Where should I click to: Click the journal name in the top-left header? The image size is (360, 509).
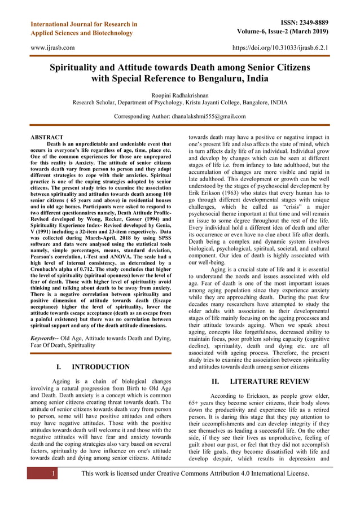click(84, 29)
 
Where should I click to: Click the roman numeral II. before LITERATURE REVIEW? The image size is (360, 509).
click(217, 381)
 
